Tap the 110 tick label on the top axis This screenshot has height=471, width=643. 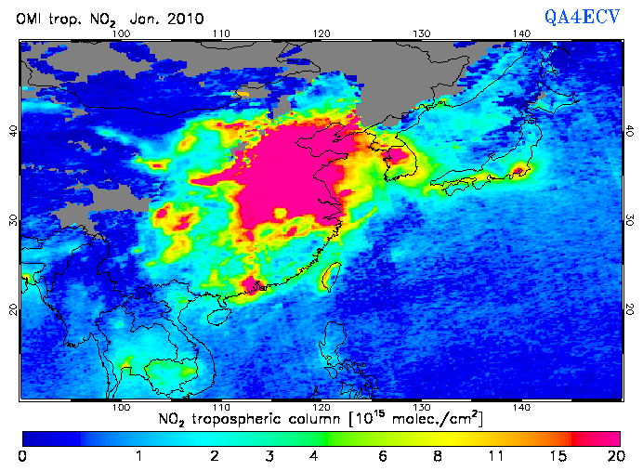click(220, 33)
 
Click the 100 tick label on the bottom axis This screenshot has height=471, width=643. click(120, 407)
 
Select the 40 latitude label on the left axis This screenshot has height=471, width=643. click(13, 131)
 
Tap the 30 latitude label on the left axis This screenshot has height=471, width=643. click(13, 220)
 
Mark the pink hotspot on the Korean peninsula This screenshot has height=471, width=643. click(398, 154)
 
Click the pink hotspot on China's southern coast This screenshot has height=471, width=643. click(250, 283)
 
